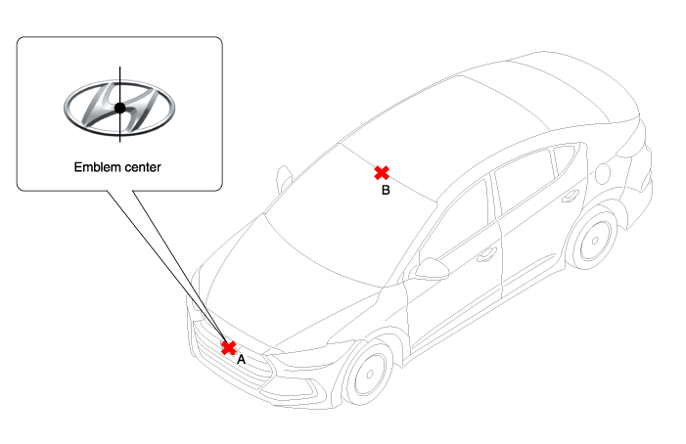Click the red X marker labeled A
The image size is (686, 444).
pos(228,348)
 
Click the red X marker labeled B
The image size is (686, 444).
pos(382,173)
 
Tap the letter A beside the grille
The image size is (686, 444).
pos(241,360)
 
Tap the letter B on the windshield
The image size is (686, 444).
pos(386,190)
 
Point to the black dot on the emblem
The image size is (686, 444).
pos(119,108)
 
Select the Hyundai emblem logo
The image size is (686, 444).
pos(119,108)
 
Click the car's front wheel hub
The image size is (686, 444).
pos(370,375)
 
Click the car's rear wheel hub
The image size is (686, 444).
pos(595,241)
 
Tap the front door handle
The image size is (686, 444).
pos(486,254)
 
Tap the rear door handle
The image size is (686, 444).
pos(571,196)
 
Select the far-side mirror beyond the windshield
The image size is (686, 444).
pos(285,178)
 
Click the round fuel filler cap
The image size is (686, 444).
pos(603,173)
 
